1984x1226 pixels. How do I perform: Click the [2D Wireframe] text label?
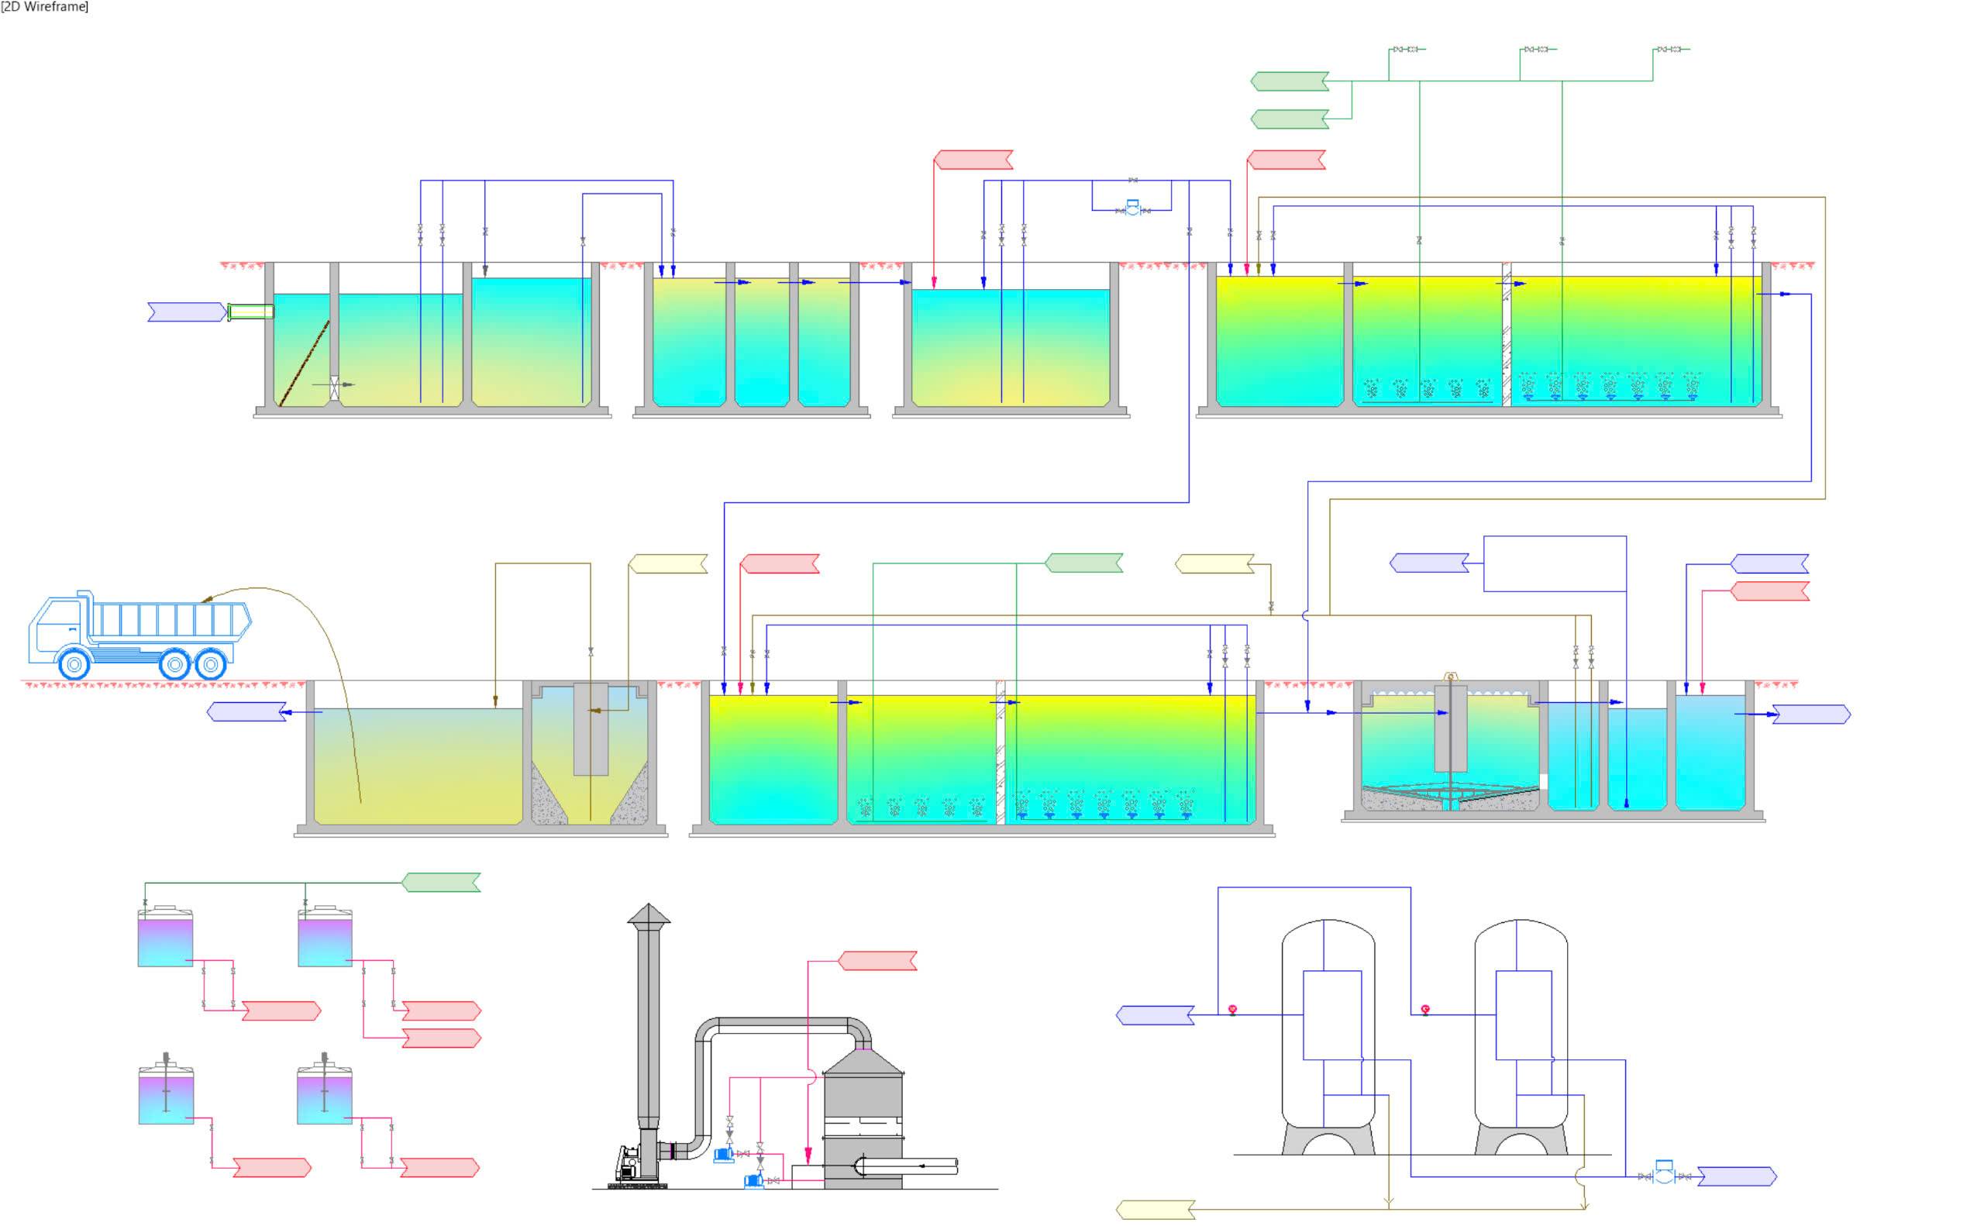(45, 6)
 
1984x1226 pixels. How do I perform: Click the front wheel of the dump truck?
(74, 664)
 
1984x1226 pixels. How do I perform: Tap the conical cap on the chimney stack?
(649, 914)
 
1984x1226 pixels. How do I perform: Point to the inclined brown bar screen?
(304, 363)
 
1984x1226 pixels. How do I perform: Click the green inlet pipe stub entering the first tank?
(250, 312)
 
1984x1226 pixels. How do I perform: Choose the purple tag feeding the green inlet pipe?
(188, 312)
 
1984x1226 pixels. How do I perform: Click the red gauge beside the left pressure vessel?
(1232, 1010)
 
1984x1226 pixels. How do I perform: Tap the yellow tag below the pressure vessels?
(1156, 1210)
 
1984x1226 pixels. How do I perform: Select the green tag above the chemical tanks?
(442, 882)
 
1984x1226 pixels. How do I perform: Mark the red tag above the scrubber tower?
(877, 961)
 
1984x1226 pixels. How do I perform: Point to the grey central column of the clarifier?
(1451, 728)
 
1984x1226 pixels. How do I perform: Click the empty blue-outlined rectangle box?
(1555, 563)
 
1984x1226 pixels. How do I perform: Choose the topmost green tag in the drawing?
(1290, 81)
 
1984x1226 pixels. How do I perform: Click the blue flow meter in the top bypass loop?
(1133, 208)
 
